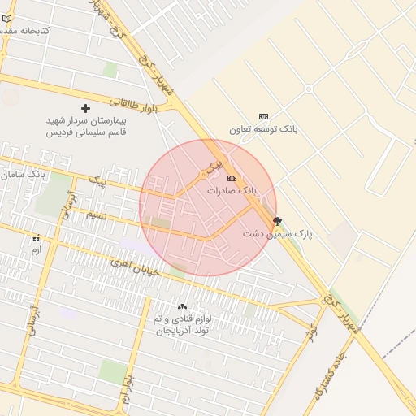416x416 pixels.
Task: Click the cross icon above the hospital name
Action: tap(85, 108)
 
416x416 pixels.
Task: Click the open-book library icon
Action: tap(7, 30)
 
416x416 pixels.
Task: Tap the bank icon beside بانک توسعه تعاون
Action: tap(262, 116)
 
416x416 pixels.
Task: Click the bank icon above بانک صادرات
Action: tap(232, 178)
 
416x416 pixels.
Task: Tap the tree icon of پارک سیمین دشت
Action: tap(278, 221)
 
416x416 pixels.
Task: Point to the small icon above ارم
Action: tap(36, 239)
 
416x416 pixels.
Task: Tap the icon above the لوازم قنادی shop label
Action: tap(182, 306)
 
